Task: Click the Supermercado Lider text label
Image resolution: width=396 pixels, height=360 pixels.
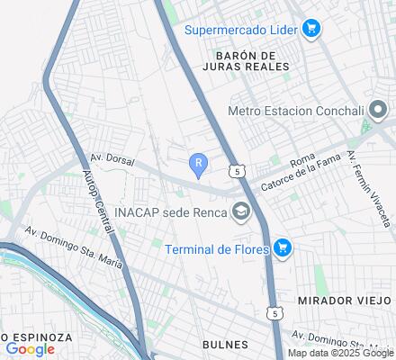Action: click(x=241, y=29)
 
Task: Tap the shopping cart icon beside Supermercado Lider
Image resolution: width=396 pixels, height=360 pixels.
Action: click(x=310, y=29)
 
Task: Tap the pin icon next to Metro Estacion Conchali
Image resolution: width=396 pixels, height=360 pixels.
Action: click(x=376, y=110)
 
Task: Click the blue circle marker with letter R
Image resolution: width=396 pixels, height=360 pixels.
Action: click(x=198, y=162)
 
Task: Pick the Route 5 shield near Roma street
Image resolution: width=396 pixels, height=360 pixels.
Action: click(x=236, y=169)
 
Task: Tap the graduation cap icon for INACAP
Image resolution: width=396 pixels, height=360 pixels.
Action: click(x=240, y=213)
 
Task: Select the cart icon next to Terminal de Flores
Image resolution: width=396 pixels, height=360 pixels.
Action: click(x=283, y=247)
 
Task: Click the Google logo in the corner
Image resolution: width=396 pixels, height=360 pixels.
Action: click(x=30, y=349)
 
